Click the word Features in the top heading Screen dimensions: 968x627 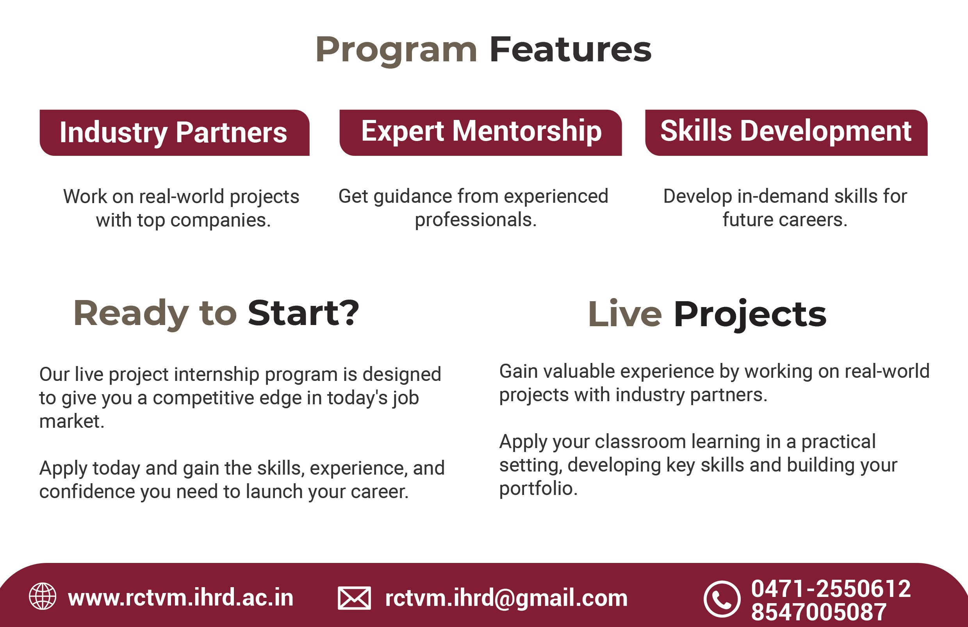pyautogui.click(x=570, y=50)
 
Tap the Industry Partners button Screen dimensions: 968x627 pyautogui.click(x=175, y=133)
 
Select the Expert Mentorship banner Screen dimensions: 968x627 pyautogui.click(x=480, y=133)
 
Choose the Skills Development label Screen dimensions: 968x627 pyautogui.click(x=786, y=133)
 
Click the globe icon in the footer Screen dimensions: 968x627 pyautogui.click(x=43, y=597)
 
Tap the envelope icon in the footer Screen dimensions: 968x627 pyautogui.click(x=354, y=598)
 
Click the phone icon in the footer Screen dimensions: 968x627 pyautogui.click(x=722, y=599)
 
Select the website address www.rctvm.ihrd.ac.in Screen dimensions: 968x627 pyautogui.click(x=180, y=598)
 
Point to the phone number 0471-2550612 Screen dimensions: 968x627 pyautogui.click(x=831, y=589)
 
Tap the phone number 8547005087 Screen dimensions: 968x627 pyautogui.click(x=819, y=612)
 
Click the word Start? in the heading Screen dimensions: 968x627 pyautogui.click(x=303, y=313)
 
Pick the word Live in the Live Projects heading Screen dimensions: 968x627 pyautogui.click(x=625, y=314)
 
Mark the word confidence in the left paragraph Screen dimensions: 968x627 pyautogui.click(x=87, y=491)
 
